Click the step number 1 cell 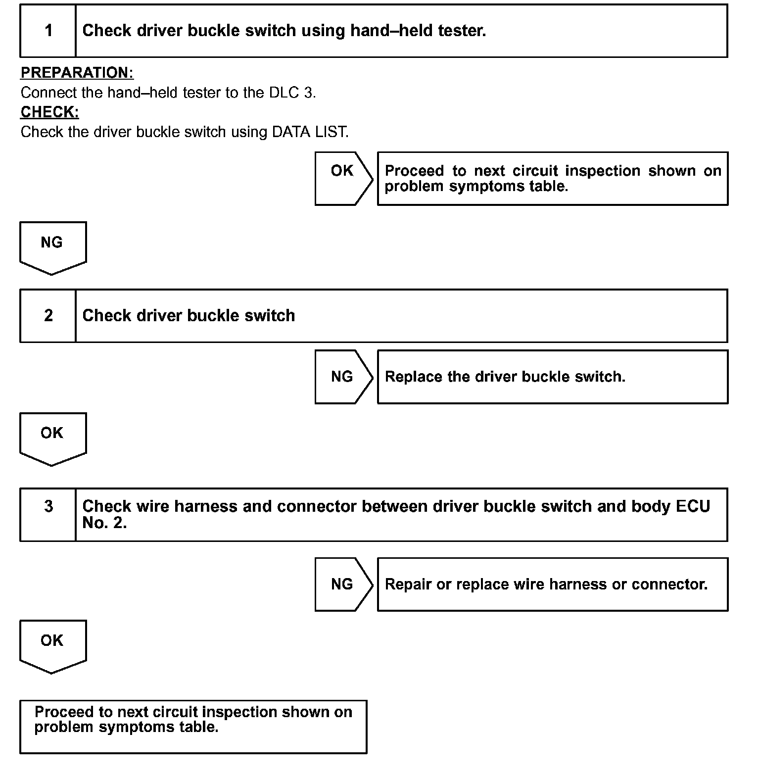48,31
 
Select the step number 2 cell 48,316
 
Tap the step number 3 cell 48,514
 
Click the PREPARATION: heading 77,73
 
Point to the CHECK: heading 49,112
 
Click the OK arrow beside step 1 342,178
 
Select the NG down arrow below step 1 52,246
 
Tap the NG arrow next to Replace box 342,377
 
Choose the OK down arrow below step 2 52,438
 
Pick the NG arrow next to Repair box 342,584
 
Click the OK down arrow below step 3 52,645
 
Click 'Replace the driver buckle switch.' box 552,377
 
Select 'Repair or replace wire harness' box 552,584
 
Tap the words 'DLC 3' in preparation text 291,93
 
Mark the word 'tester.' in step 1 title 462,31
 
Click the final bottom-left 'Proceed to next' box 193,727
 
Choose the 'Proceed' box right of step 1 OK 552,178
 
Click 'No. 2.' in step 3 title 104,523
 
